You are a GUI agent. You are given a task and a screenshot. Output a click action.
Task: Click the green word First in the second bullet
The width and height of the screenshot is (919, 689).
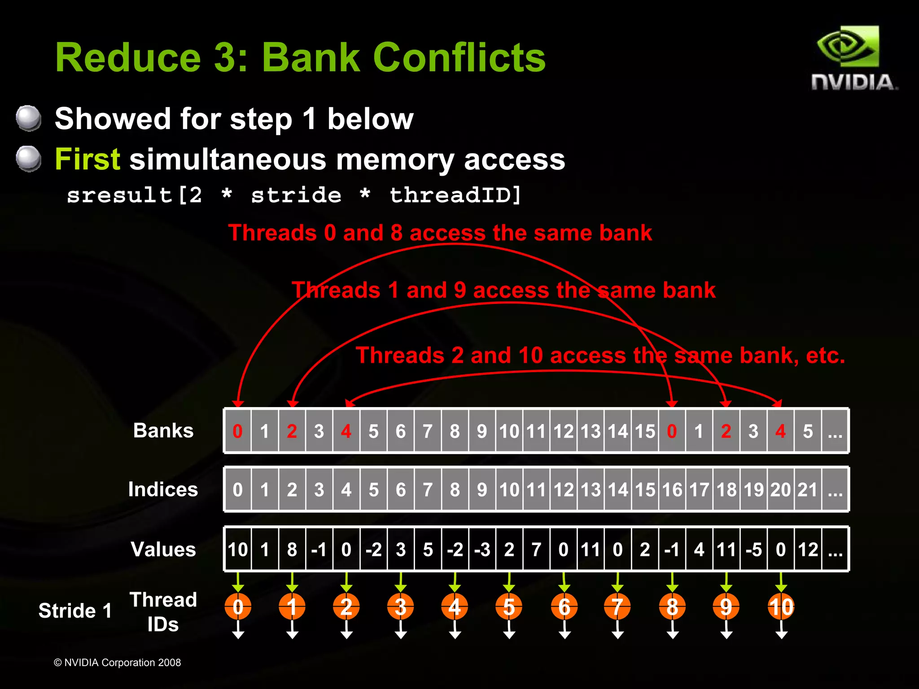tap(88, 159)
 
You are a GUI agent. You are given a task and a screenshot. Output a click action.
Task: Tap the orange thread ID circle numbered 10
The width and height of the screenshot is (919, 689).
tap(781, 607)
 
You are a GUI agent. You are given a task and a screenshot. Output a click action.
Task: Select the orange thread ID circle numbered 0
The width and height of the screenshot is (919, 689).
tap(238, 607)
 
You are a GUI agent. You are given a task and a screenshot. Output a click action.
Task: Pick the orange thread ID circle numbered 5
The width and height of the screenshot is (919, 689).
tap(509, 607)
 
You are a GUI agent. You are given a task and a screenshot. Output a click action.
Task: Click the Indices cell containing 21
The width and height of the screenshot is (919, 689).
tap(808, 490)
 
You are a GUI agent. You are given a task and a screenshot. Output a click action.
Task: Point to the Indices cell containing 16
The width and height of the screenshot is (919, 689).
tap(672, 490)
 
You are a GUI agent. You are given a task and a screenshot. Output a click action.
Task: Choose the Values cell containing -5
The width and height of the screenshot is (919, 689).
tap(753, 549)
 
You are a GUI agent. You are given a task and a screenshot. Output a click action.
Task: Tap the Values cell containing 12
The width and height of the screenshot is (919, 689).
tap(808, 549)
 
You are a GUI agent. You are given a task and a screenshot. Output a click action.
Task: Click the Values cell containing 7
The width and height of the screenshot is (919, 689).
tap(536, 549)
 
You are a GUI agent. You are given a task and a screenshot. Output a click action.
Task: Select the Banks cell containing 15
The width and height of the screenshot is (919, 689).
tap(645, 431)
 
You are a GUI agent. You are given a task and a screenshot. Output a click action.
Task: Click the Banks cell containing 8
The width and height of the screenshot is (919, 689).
tap(455, 431)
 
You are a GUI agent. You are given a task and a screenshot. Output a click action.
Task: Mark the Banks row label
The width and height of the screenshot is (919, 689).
tap(163, 430)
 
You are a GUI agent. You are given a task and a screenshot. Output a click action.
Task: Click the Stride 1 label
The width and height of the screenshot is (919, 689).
tap(75, 611)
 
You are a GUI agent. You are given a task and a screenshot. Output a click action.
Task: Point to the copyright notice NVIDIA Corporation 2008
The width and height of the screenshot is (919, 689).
tap(118, 663)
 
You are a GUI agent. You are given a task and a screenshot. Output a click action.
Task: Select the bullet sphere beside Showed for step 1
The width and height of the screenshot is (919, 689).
tap(29, 118)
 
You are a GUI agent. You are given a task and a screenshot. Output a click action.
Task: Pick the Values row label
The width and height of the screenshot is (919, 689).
tap(163, 549)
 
